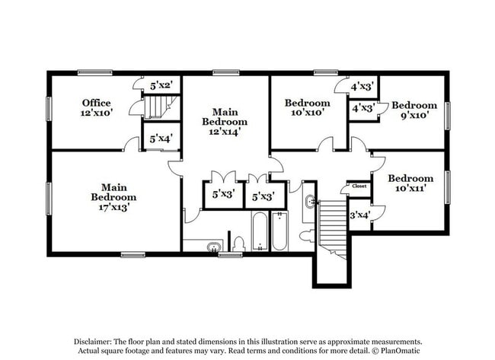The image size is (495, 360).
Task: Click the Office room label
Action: [x=97, y=103]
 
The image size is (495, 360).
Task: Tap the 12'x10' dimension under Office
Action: [x=97, y=113]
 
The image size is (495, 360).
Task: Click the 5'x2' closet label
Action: [x=161, y=86]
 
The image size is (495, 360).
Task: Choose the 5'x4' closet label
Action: [x=161, y=139]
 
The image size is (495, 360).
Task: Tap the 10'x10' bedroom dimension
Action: [x=307, y=113]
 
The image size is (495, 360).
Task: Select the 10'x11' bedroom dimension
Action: [x=410, y=189]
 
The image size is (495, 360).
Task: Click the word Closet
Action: [x=359, y=186]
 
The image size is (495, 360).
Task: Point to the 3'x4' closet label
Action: [x=359, y=215]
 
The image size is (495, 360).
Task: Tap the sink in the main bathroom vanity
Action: [x=214, y=246]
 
